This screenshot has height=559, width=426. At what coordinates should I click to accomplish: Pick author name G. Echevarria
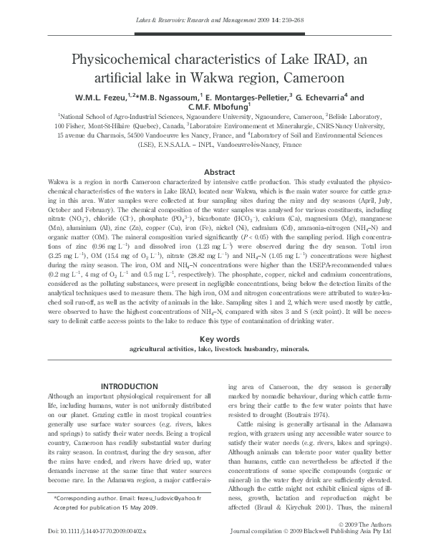[320, 97]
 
